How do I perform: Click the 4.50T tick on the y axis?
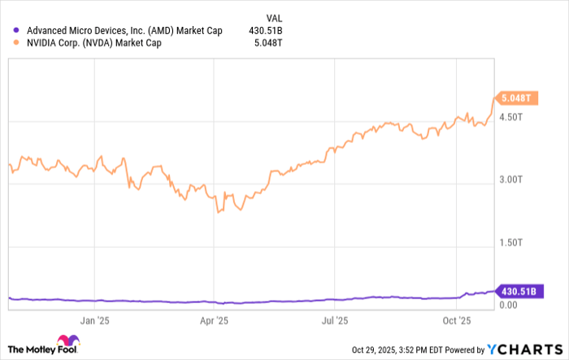tap(512, 117)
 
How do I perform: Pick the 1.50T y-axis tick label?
tap(512, 243)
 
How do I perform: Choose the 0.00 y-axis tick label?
tap(509, 306)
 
